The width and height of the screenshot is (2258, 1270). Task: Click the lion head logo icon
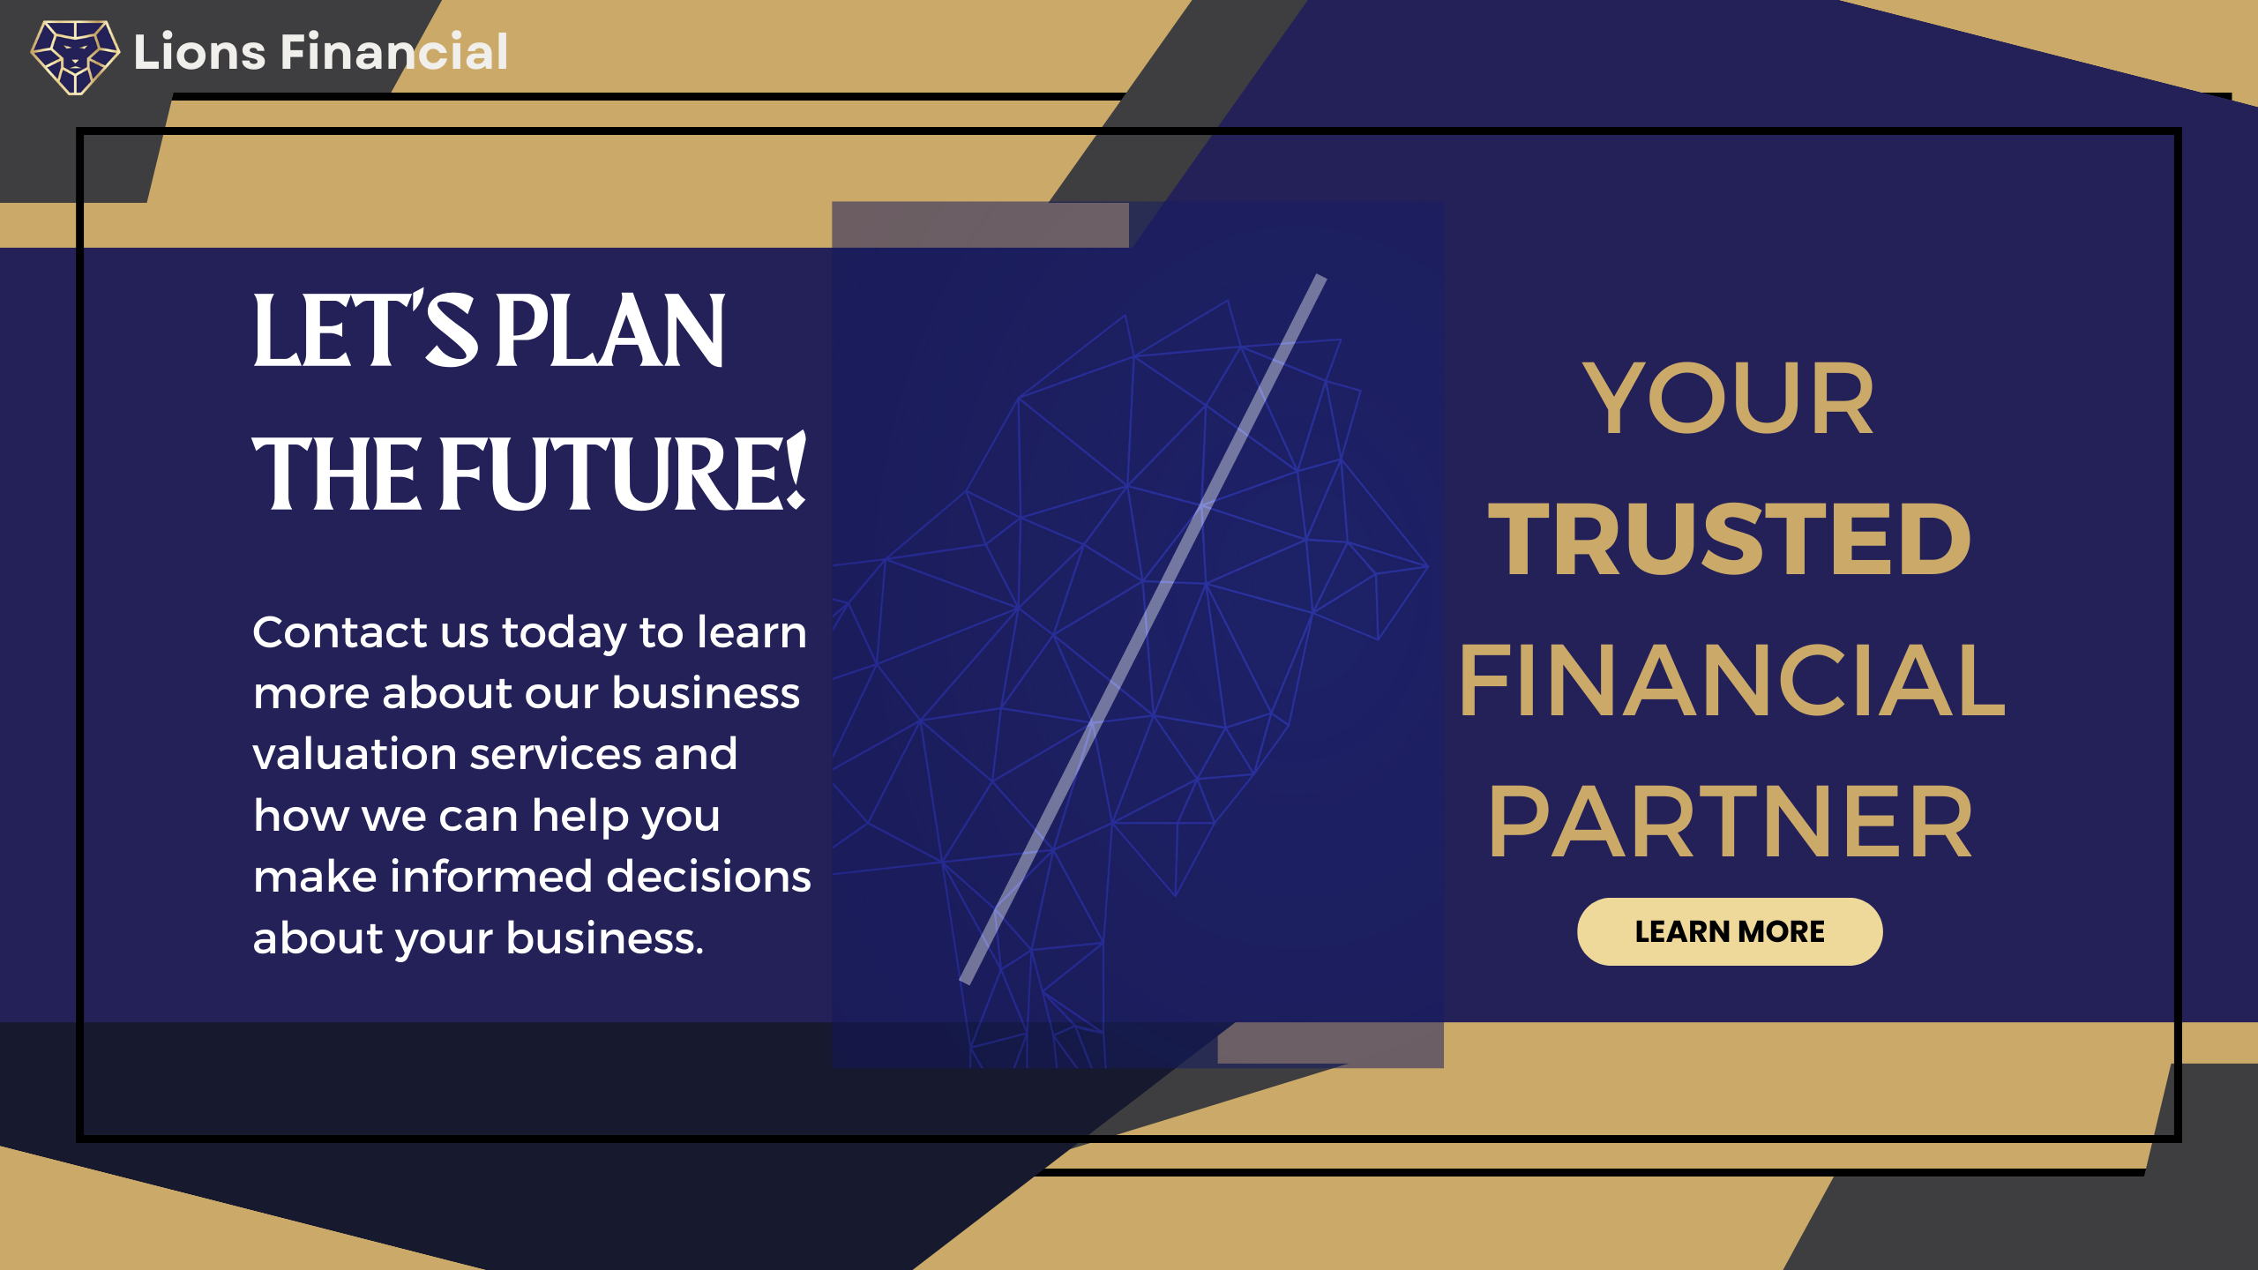click(75, 56)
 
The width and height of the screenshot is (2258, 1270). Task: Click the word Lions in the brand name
click(200, 52)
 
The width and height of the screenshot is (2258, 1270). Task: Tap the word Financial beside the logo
click(394, 51)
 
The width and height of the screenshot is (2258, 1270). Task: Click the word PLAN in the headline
click(610, 331)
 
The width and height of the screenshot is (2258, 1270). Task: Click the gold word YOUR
click(1729, 400)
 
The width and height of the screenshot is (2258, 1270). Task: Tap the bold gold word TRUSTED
click(1730, 540)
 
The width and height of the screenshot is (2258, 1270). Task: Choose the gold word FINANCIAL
click(1732, 681)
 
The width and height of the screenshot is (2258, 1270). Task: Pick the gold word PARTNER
click(1730, 822)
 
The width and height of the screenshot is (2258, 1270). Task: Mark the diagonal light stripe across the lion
click(1143, 629)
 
